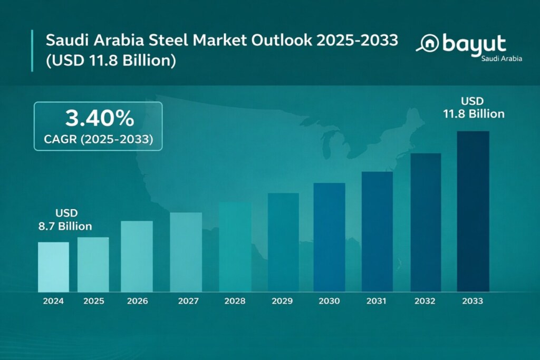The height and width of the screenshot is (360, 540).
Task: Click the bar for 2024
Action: tap(53, 267)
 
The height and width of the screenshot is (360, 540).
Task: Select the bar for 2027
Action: tap(186, 252)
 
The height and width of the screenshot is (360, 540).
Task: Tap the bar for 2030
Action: tap(329, 237)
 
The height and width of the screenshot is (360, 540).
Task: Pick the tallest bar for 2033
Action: tap(472, 211)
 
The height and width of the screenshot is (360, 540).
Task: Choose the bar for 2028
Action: tap(235, 247)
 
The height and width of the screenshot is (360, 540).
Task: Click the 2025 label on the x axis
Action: tap(93, 301)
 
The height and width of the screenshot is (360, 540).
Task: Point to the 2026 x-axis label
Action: tap(137, 301)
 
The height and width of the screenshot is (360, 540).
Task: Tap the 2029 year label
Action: tap(283, 301)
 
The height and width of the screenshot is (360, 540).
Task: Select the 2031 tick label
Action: tap(377, 301)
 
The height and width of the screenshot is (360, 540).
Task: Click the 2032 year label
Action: tap(425, 301)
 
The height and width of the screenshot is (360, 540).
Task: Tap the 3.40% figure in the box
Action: tap(99, 119)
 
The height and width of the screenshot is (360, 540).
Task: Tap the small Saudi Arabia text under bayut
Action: tap(502, 59)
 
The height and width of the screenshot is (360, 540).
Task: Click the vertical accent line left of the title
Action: tap(32, 51)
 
